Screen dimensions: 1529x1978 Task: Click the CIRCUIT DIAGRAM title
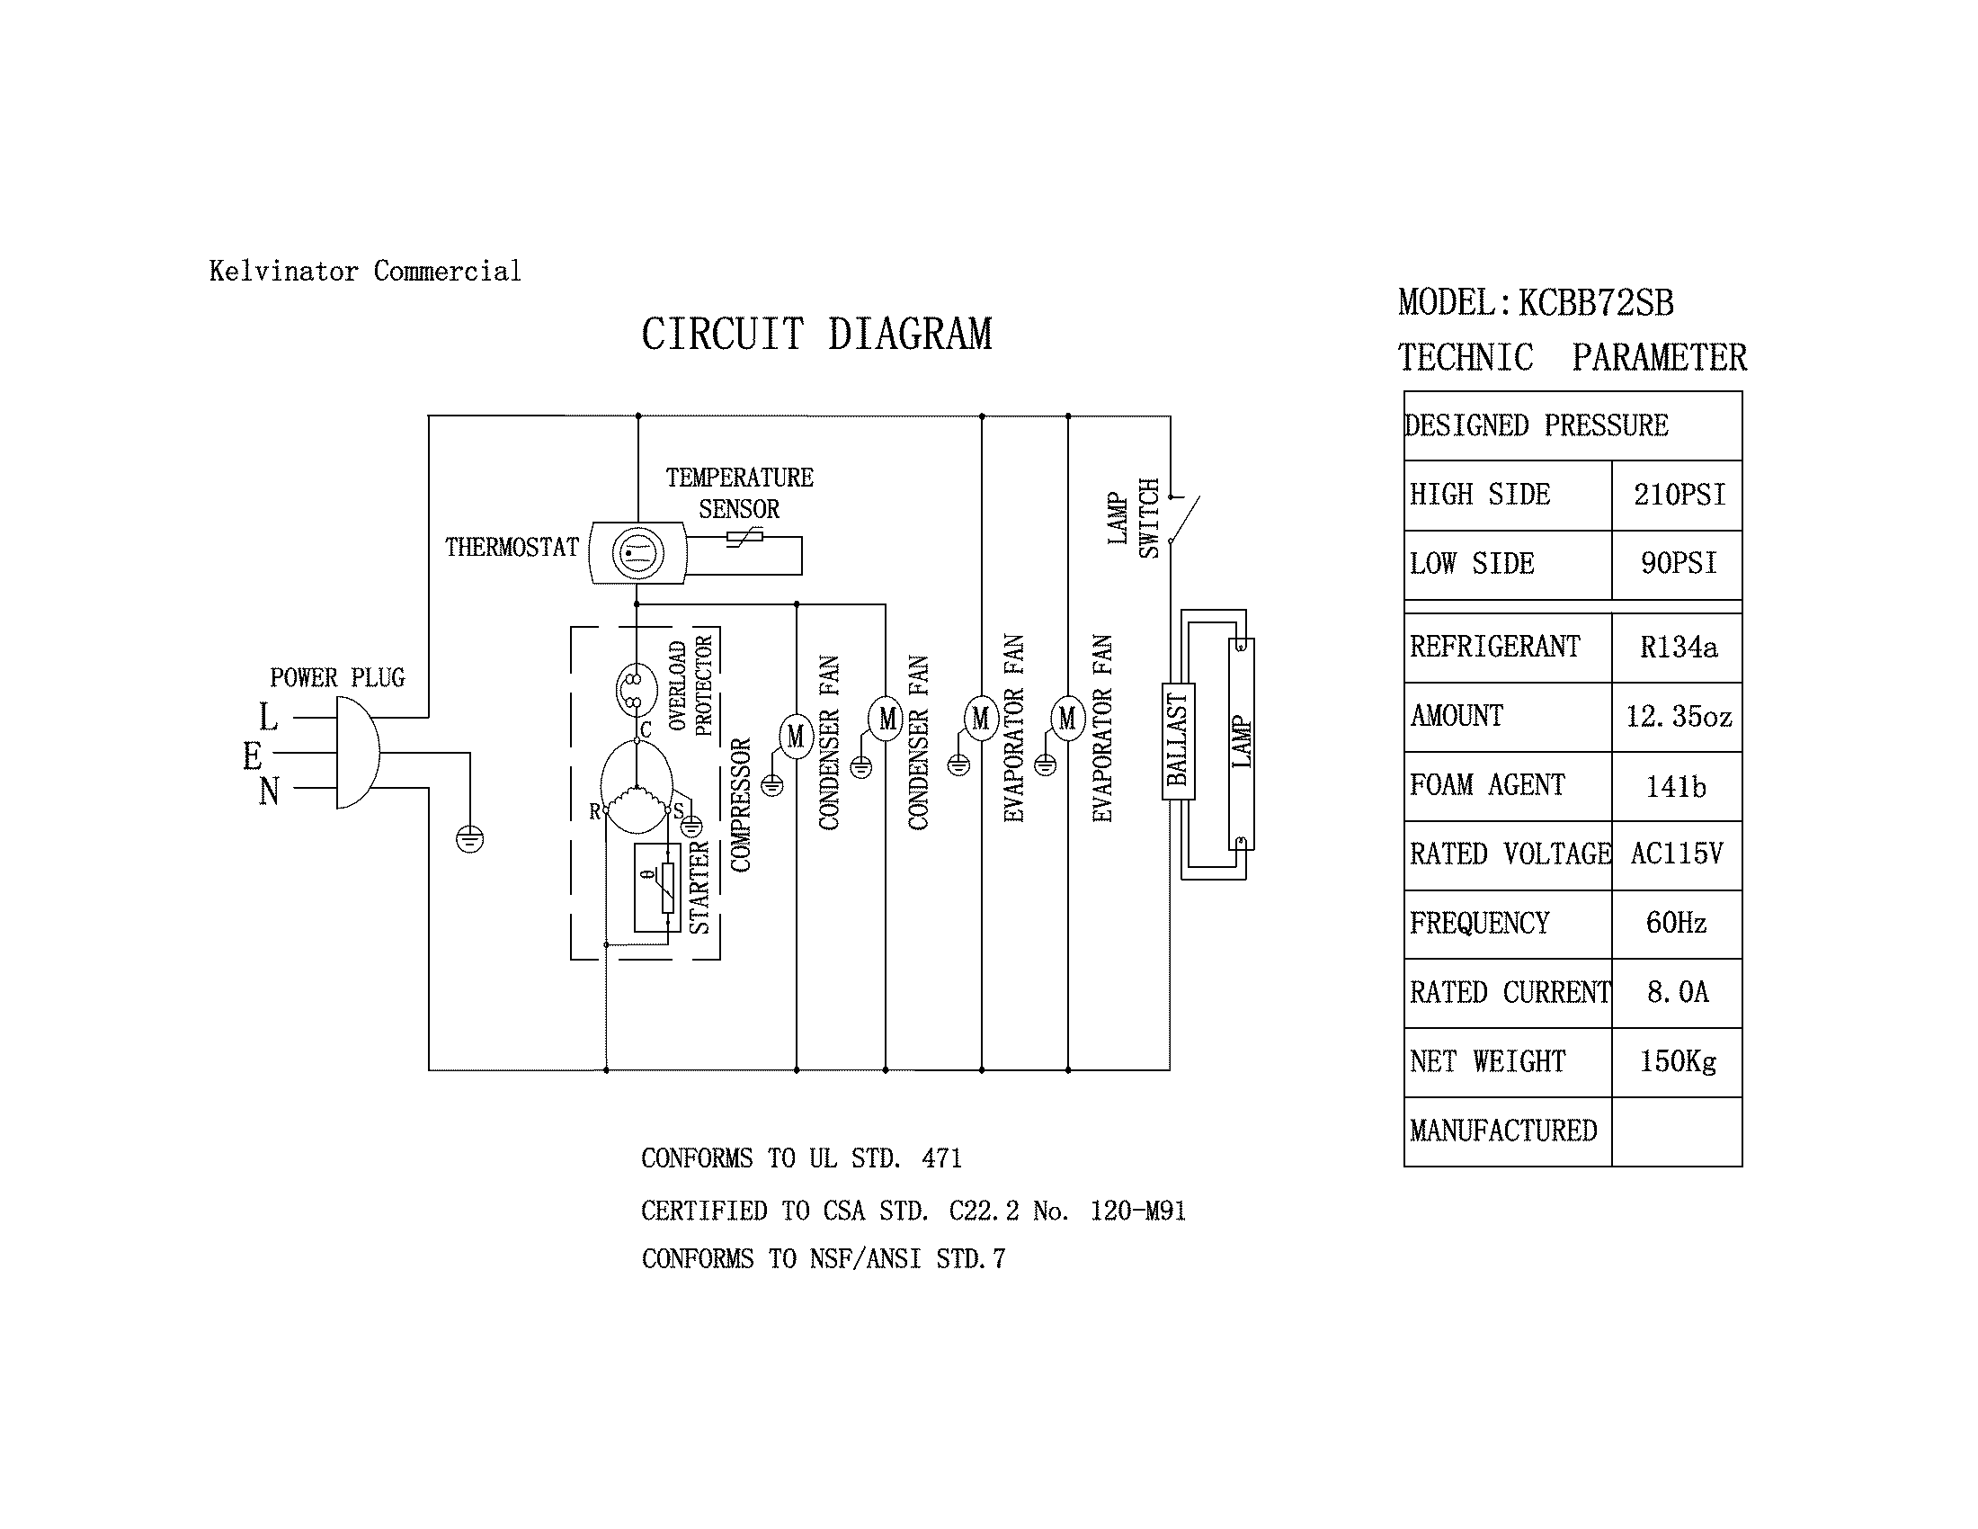(816, 335)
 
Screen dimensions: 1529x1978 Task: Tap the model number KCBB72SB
(1596, 302)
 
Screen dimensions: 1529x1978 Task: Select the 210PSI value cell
(1679, 495)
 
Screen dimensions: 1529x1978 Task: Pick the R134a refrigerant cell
(1679, 647)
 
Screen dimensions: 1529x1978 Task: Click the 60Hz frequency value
(1677, 923)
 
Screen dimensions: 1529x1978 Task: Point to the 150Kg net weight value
(1678, 1060)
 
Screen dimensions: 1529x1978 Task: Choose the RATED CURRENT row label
(1509, 993)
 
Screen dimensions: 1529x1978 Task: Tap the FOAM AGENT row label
(1487, 784)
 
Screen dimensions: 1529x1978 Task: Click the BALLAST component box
(1179, 741)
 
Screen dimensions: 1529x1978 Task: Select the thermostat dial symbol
(637, 553)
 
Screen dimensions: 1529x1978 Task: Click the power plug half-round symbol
(357, 753)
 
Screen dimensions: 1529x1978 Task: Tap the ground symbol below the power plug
(469, 840)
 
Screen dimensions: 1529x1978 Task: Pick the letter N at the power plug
(268, 791)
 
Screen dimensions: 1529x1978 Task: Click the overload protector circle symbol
(636, 690)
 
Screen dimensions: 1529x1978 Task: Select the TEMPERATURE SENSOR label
(739, 493)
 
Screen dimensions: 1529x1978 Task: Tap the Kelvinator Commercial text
(365, 271)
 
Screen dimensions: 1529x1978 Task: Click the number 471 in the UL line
(941, 1158)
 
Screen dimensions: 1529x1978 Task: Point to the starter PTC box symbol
(657, 888)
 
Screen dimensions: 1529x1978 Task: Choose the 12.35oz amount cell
(1679, 717)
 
